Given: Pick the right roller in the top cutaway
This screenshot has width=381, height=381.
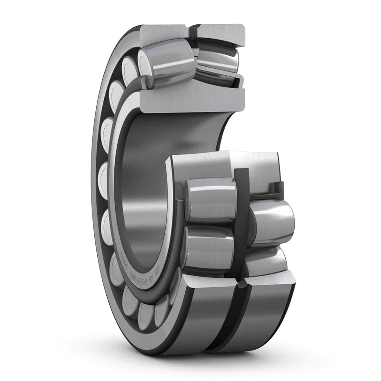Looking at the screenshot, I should pos(217,60).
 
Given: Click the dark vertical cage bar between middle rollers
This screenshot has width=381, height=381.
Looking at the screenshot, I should pos(241,210).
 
